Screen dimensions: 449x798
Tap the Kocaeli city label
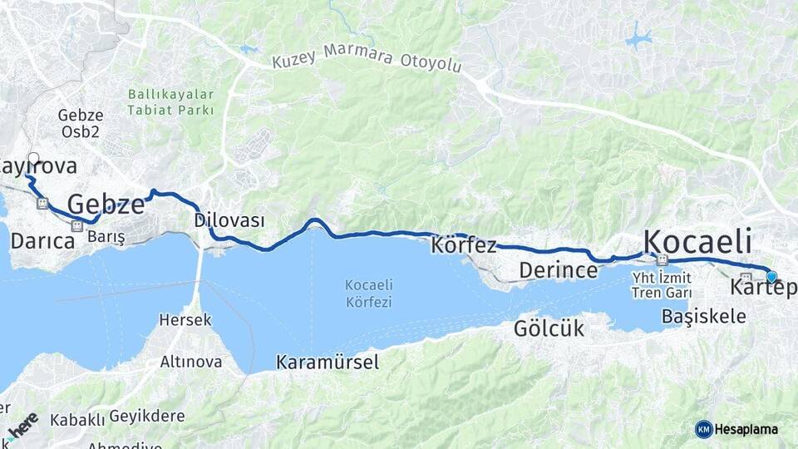tap(697, 241)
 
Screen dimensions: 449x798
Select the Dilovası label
tap(229, 220)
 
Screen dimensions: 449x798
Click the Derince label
tap(558, 270)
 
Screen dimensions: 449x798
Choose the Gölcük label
tap(549, 328)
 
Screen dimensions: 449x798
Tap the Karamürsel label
tap(327, 362)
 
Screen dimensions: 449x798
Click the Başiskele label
tap(703, 316)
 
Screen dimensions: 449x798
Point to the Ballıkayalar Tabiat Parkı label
tap(170, 102)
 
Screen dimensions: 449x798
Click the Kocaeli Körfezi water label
tap(368, 294)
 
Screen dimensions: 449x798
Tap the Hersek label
tap(185, 320)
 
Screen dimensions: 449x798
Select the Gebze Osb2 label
tap(80, 124)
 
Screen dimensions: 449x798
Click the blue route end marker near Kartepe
tap(771, 277)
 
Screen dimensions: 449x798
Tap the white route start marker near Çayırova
tap(33, 157)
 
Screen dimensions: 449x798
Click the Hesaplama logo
tap(736, 429)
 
